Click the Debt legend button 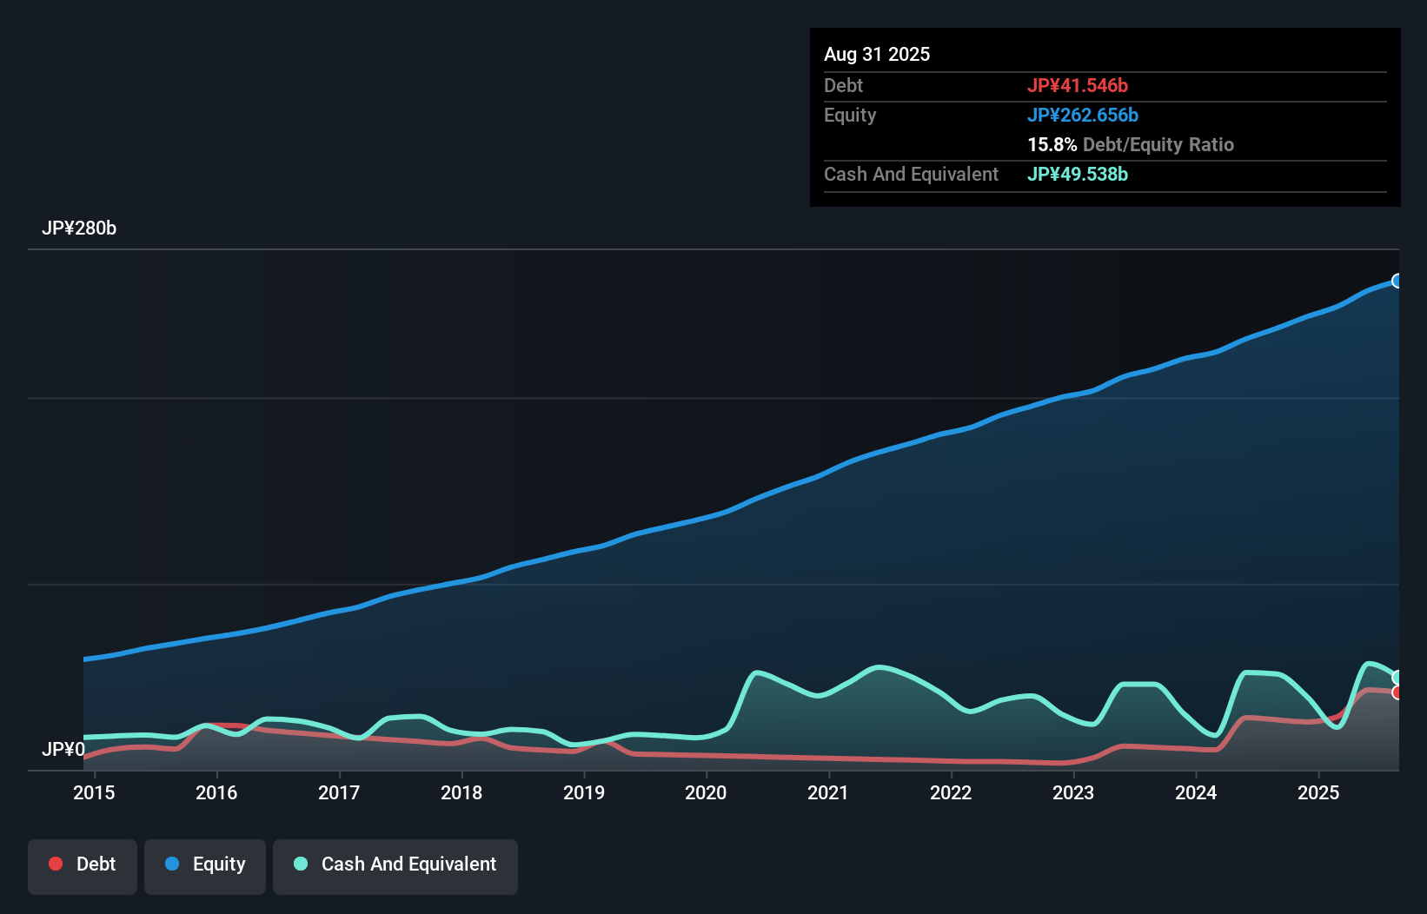click(x=83, y=864)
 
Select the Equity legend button click(x=205, y=864)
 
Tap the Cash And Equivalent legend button click(x=395, y=864)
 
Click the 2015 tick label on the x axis click(x=94, y=792)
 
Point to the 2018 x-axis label click(x=461, y=792)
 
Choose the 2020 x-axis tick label click(x=706, y=792)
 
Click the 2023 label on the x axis click(x=1073, y=792)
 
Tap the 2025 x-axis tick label click(x=1318, y=792)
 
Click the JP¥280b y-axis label click(x=79, y=228)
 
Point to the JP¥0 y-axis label click(x=63, y=749)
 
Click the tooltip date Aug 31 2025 click(x=877, y=55)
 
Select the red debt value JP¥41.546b click(x=1078, y=85)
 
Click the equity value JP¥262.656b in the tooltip click(x=1083, y=115)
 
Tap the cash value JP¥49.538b click(x=1078, y=174)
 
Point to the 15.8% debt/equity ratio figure click(x=1052, y=144)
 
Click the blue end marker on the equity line click(x=1397, y=281)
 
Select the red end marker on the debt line click(x=1397, y=692)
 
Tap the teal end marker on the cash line click(x=1397, y=678)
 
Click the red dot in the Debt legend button click(x=56, y=864)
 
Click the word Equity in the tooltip click(x=850, y=115)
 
